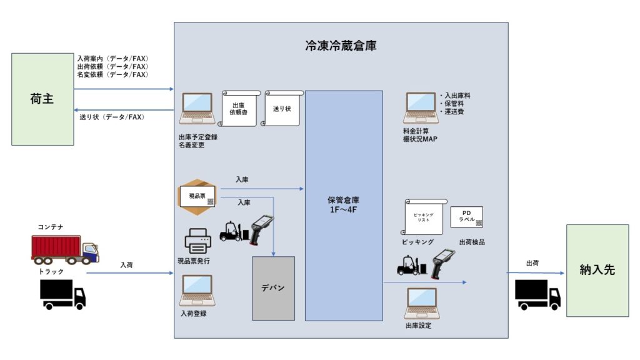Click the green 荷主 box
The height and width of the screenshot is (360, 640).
tap(42, 99)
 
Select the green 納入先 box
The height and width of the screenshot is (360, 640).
tap(597, 270)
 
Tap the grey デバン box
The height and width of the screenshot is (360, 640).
tap(273, 287)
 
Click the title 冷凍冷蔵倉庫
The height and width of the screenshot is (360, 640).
tap(341, 46)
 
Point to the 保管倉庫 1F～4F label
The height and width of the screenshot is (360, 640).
tap(343, 205)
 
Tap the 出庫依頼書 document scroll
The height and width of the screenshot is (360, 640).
tap(240, 109)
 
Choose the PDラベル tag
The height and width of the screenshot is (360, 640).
tap(466, 216)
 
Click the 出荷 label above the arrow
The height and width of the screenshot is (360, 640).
tap(533, 263)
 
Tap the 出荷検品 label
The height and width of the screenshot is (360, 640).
tap(472, 242)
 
